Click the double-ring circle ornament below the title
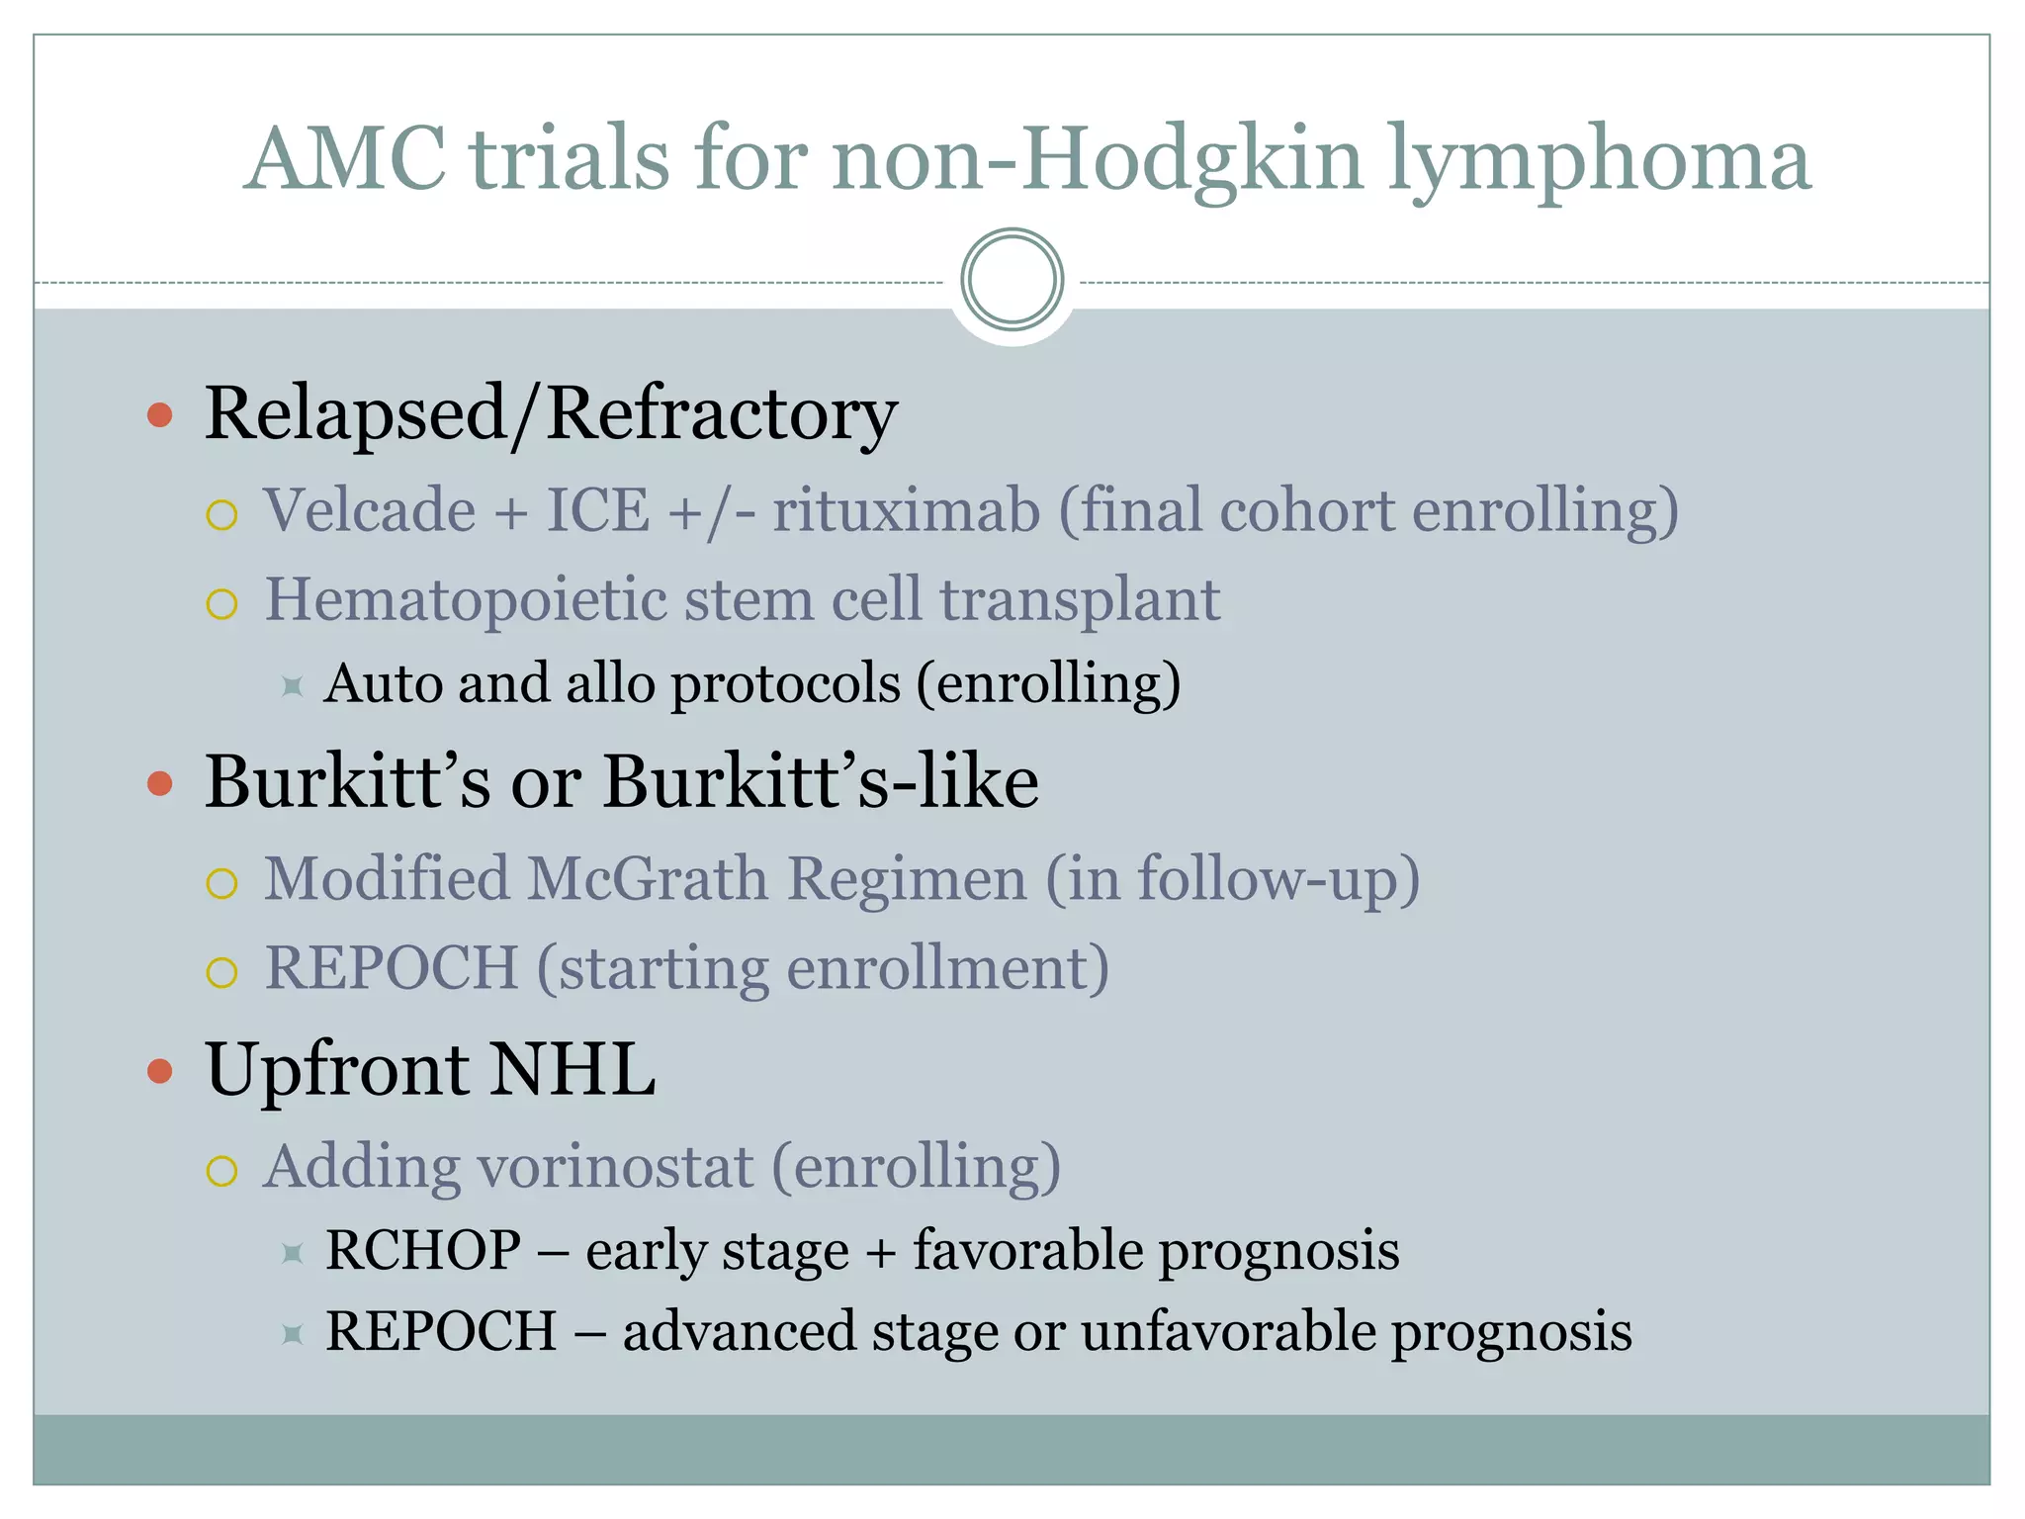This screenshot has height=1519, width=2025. coord(1012,280)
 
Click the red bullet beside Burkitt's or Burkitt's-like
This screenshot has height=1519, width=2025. coord(160,783)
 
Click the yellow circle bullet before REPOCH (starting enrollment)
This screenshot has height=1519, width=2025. coord(222,972)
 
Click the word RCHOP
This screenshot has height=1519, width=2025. coord(423,1250)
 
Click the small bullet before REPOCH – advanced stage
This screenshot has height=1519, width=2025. coord(292,1335)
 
